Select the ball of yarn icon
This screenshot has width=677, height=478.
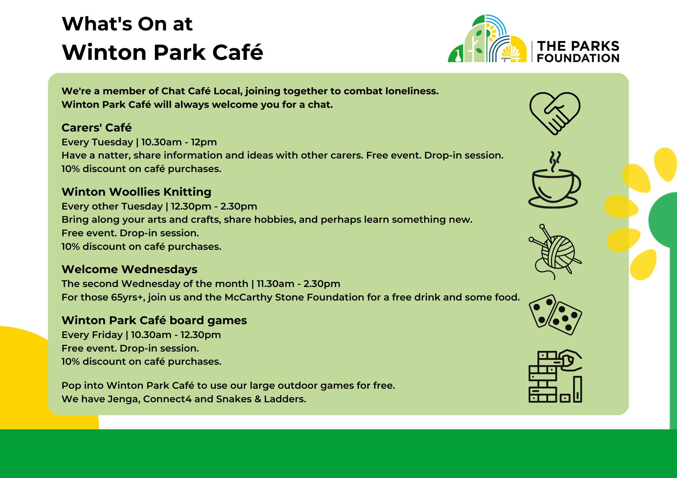coord(555,252)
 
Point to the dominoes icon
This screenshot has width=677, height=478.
coord(555,315)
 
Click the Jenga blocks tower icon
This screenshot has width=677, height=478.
coord(555,376)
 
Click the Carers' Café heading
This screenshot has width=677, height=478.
coord(96,128)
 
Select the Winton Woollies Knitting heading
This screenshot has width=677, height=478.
coord(136,192)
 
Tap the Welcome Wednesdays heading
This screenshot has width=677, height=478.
coord(129,269)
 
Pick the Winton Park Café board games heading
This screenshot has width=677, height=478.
coord(154,320)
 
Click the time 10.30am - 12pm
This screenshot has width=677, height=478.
coord(179,142)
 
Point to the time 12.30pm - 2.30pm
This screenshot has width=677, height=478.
coord(214,207)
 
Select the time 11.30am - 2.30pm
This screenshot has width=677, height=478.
coord(299,284)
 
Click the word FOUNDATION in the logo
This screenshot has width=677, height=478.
coord(578,58)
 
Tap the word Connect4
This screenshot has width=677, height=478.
coord(167,399)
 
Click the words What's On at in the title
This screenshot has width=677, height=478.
coord(127,24)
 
